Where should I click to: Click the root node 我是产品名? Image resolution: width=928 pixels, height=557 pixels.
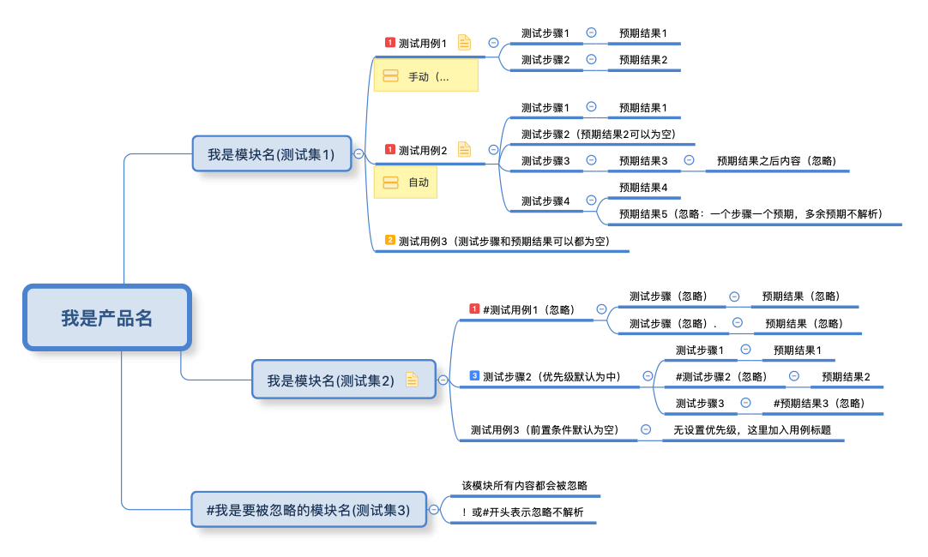(x=106, y=318)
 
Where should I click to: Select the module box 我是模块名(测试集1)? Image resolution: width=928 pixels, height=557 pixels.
(x=271, y=154)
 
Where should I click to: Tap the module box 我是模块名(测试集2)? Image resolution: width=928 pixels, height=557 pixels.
(x=330, y=380)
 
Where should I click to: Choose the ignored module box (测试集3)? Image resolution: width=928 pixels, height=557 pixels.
(x=309, y=510)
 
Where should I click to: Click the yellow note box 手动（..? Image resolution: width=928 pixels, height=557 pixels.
(x=426, y=76)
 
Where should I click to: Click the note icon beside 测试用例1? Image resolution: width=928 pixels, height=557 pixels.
(x=464, y=42)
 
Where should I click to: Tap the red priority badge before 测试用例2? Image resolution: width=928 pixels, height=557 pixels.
(x=390, y=149)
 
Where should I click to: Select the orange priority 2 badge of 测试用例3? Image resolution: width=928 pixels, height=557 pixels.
(x=390, y=240)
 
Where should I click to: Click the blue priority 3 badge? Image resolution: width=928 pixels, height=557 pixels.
(x=474, y=375)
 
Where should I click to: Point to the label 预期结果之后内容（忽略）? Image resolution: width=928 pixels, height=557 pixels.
(x=776, y=160)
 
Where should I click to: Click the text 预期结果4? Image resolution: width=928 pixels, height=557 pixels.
(x=642, y=187)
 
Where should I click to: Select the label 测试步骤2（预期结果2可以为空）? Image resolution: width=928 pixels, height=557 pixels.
(x=599, y=134)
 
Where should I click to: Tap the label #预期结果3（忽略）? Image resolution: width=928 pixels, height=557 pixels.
(x=819, y=403)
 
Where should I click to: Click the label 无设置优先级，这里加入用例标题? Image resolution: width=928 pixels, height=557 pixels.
(x=752, y=430)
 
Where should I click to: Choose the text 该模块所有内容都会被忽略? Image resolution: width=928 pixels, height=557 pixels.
(x=524, y=485)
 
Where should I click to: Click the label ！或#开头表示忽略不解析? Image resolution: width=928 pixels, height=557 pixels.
(x=521, y=512)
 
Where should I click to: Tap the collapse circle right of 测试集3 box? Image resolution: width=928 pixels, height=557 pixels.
(x=434, y=509)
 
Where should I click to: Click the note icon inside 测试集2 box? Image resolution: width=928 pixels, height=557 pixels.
(x=412, y=380)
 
